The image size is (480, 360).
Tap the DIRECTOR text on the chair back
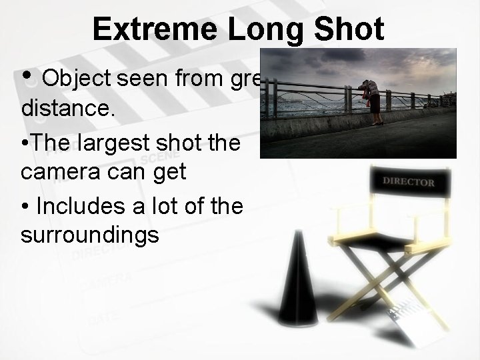click(x=409, y=181)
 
